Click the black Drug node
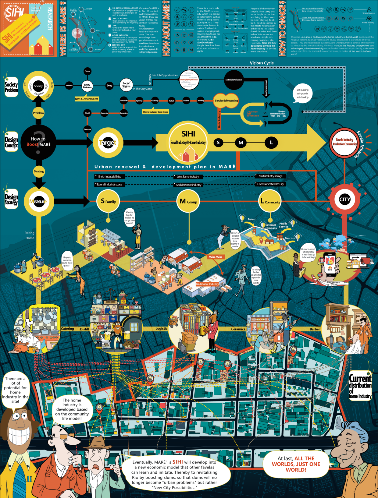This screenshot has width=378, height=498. (x=109, y=86)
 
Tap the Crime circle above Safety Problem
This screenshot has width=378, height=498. (x=87, y=71)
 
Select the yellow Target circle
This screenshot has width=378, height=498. (x=108, y=143)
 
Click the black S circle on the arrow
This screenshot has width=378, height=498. (x=218, y=142)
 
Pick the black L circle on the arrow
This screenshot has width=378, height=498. (x=271, y=142)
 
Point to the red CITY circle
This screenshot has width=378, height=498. (x=345, y=200)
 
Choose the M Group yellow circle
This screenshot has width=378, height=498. (x=188, y=201)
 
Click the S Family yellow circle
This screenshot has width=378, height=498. (x=108, y=201)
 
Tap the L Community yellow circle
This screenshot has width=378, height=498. (x=270, y=201)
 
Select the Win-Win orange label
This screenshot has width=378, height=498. (x=216, y=257)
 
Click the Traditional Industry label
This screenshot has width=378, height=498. (x=207, y=284)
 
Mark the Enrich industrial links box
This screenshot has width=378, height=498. (x=109, y=177)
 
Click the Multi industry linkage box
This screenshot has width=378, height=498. (x=270, y=176)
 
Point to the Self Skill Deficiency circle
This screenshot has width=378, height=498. (x=234, y=80)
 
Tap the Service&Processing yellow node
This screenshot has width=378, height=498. (x=226, y=101)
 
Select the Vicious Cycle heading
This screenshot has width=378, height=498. (x=262, y=63)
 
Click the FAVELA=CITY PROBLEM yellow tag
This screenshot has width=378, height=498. (x=87, y=99)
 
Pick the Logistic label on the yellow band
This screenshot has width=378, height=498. (x=161, y=328)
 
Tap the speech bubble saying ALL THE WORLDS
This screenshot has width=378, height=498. (x=296, y=464)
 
